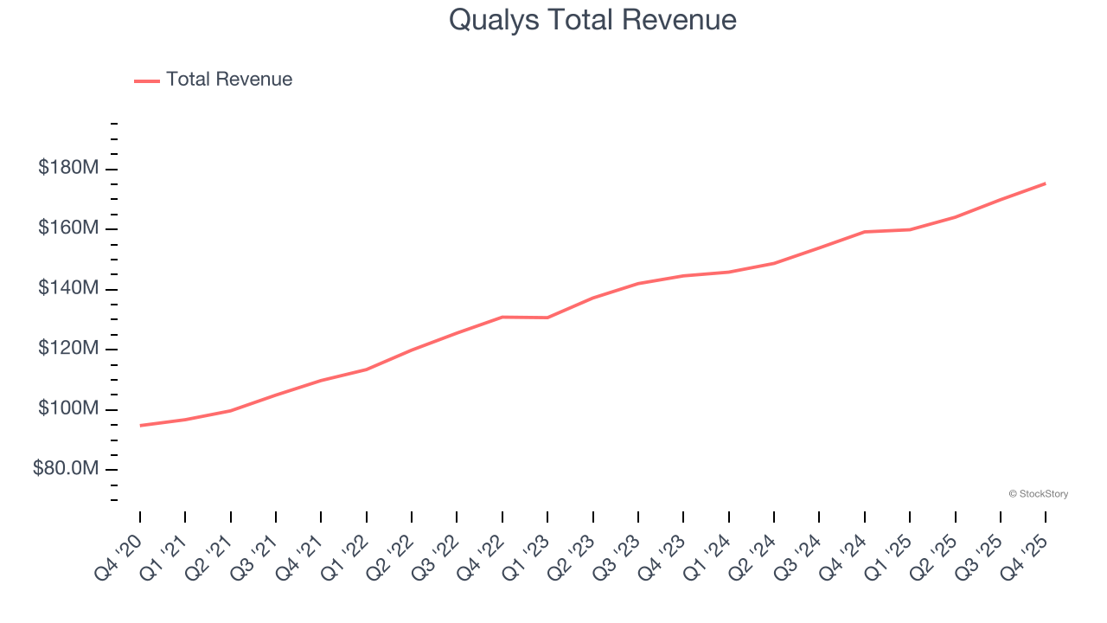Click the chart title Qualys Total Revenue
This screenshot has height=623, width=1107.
click(592, 20)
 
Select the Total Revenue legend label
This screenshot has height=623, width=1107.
click(229, 80)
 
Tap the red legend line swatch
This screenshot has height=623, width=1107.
click(147, 80)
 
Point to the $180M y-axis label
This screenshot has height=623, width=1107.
click(67, 168)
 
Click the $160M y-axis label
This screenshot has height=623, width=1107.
click(67, 228)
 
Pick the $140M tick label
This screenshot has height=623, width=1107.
click(67, 288)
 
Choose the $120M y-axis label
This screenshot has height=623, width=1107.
click(67, 349)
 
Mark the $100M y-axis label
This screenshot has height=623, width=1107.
click(67, 408)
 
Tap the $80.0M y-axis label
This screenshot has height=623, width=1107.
click(65, 469)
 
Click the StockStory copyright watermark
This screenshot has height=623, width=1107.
click(1038, 494)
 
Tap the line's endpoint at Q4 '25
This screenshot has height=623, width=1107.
click(1046, 183)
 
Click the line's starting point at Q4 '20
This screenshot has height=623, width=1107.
click(140, 425)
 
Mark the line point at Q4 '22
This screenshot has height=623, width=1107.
click(502, 317)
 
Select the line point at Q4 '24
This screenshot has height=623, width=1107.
click(865, 232)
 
